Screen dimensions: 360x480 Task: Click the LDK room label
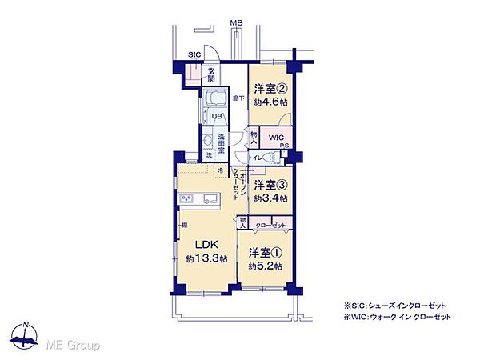pyautogui.click(x=202, y=244)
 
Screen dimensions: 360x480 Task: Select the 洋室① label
pyautogui.click(x=265, y=253)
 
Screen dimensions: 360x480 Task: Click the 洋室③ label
pyautogui.click(x=270, y=184)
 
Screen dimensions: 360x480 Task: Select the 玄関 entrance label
pyautogui.click(x=211, y=75)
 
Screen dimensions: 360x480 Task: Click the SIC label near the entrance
pyautogui.click(x=194, y=54)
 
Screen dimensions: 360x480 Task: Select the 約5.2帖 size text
pyautogui.click(x=265, y=266)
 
